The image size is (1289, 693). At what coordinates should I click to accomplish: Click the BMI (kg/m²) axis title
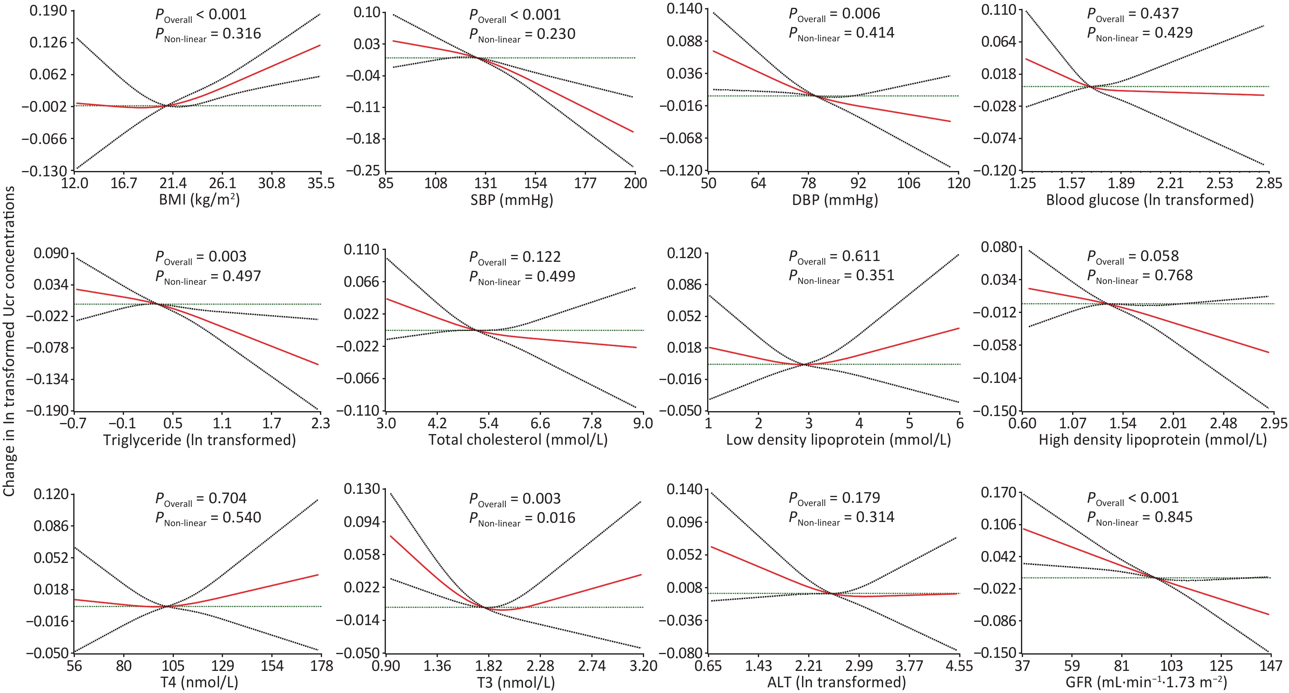199,200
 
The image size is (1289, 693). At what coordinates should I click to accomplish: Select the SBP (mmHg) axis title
512,200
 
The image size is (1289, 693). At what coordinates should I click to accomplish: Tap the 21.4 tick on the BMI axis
173,184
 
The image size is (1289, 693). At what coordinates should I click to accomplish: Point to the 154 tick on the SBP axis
535,184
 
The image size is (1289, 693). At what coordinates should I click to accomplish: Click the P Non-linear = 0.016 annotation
522,518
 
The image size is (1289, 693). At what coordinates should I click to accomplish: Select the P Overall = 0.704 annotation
201,498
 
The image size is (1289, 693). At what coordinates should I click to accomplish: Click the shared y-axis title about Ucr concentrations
9,340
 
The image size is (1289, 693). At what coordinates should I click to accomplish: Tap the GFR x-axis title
1146,682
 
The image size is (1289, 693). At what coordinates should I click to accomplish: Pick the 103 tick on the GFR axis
1172,666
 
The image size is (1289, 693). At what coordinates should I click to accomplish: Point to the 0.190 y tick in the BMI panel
48,11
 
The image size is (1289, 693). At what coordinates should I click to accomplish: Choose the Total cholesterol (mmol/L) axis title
518,440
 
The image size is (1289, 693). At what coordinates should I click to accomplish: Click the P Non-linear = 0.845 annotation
1139,517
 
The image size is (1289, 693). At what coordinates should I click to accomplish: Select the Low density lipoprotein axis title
838,440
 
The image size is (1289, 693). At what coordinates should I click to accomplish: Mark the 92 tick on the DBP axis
859,184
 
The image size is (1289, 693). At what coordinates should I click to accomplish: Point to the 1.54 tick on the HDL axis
1123,424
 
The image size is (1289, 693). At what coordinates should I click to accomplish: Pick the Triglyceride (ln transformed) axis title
199,440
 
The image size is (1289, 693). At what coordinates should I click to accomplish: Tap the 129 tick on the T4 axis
222,666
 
